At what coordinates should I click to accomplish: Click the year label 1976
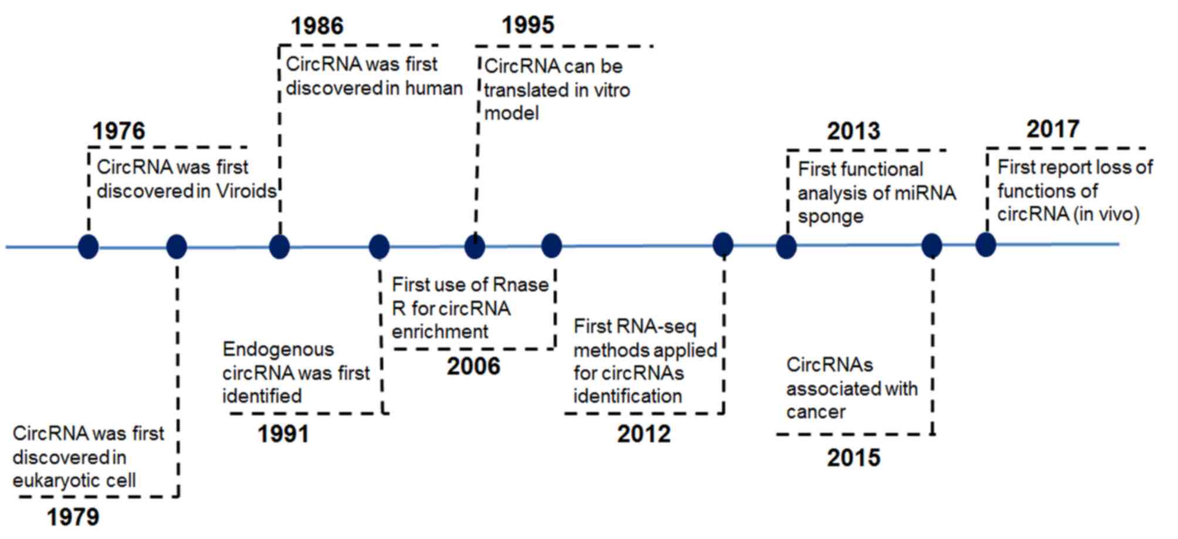119,131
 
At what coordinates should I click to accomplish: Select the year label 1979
73,517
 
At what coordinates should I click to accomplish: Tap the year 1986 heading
317,26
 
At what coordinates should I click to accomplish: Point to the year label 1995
528,25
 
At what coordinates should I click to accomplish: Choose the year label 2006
473,366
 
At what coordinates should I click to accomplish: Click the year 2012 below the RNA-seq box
644,434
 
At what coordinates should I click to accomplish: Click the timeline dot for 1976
88,247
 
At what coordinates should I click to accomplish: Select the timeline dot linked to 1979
177,247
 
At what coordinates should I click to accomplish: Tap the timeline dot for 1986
279,247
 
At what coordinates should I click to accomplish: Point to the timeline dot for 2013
786,247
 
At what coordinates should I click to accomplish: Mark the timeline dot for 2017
986,245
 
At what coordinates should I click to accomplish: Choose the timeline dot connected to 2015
932,245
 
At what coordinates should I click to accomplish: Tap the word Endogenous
278,350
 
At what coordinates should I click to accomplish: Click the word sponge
831,217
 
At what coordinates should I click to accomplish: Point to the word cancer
816,412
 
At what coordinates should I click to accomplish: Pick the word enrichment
440,332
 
